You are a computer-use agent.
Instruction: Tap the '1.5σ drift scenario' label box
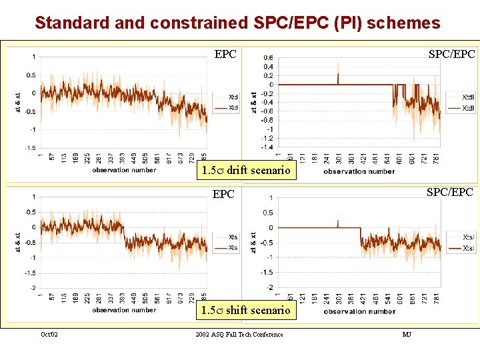point(246,171)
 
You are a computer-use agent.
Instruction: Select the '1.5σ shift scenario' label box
point(246,310)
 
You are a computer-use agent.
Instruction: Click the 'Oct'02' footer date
point(49,334)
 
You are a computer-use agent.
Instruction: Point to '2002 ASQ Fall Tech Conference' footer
point(239,334)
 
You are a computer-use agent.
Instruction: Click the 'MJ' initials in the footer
point(407,334)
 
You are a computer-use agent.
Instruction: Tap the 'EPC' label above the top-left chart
point(225,54)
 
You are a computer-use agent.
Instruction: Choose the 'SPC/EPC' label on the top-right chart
point(452,54)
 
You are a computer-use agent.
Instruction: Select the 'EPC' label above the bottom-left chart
point(223,195)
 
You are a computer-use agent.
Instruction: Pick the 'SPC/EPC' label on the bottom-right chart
point(450,192)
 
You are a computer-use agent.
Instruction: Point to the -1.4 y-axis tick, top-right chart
point(267,147)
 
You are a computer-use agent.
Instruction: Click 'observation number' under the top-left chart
point(124,170)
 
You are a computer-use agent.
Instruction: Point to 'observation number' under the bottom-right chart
point(359,311)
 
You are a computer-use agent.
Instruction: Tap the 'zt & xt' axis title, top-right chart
point(253,102)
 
